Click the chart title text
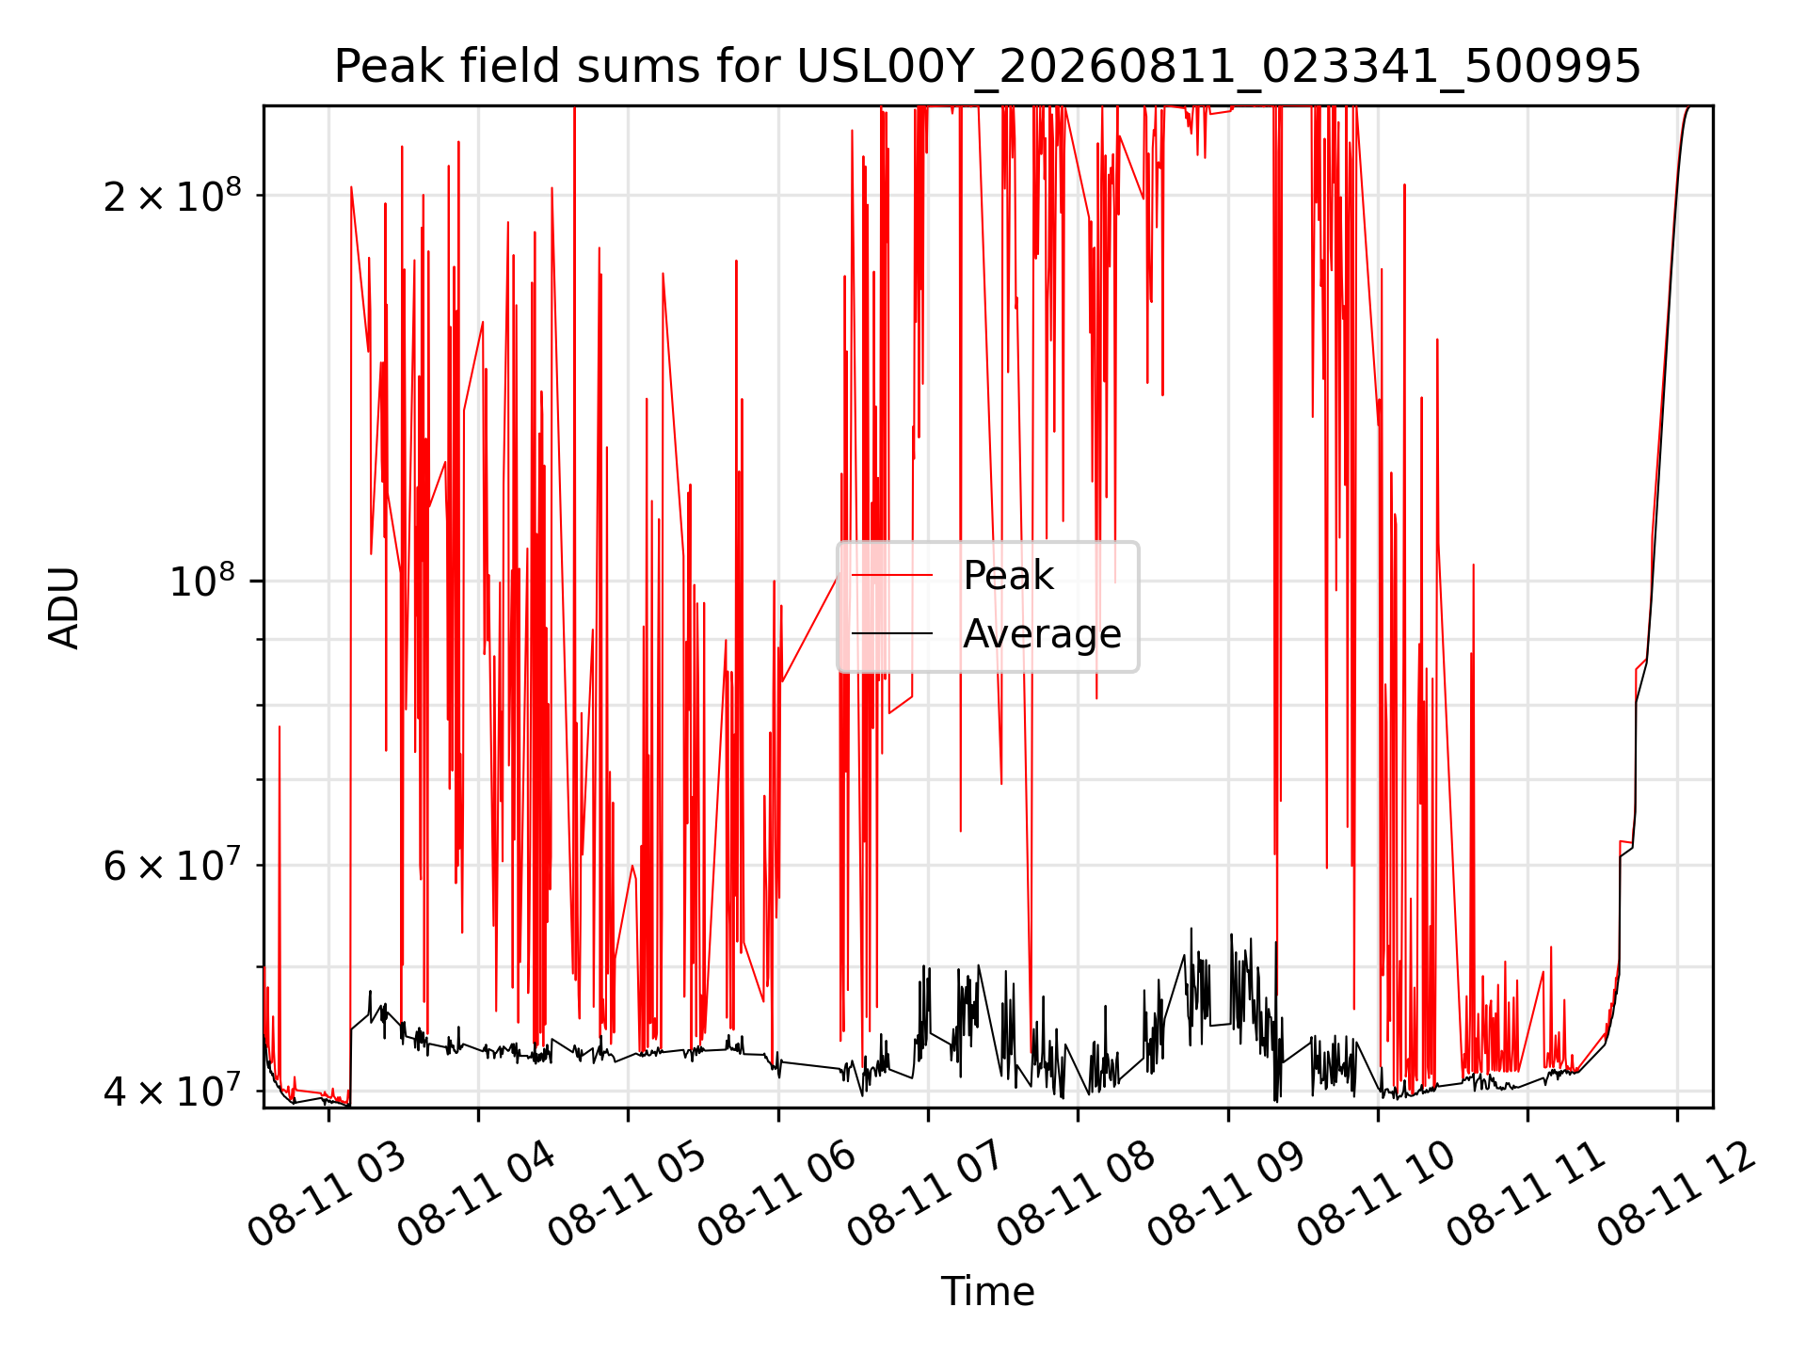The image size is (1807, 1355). tap(987, 67)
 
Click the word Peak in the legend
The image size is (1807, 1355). tap(1008, 575)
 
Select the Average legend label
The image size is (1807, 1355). tap(1042, 634)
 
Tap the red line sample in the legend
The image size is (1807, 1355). tap(892, 575)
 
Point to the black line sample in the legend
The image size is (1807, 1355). tap(892, 633)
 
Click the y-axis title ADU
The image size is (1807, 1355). tap(64, 608)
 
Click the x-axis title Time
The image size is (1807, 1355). tap(987, 1291)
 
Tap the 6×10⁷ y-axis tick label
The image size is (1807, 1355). tap(171, 865)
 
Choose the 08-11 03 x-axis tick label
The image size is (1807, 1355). tap(327, 1195)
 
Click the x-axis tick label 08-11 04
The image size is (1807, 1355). tap(476, 1195)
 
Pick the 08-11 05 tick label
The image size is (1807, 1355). tap(626, 1195)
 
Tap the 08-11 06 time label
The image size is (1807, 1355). tap(776, 1195)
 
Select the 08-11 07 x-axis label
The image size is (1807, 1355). tap(926, 1195)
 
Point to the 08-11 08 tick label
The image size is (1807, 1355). tap(1076, 1195)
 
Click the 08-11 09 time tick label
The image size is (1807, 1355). tap(1225, 1195)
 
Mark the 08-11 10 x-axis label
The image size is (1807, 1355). tap(1375, 1195)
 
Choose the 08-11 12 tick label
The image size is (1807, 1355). tap(1675, 1195)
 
